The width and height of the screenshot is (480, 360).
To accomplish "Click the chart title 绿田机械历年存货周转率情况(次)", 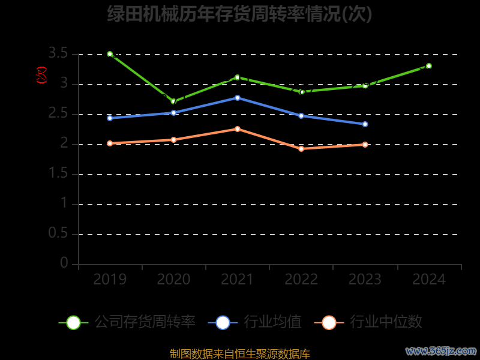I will pos(239,14).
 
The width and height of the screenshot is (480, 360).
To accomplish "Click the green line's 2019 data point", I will pos(110,54).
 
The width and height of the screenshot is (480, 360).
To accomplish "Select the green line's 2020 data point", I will pos(173,101).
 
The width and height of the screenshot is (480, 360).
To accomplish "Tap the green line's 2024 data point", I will pos(429,66).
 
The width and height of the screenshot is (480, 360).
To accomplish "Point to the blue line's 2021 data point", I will pos(238,97).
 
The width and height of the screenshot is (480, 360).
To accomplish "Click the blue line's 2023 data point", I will pos(365,124).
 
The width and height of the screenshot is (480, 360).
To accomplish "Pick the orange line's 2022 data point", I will pos(301,148).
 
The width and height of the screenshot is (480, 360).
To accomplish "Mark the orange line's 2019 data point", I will pos(110,143).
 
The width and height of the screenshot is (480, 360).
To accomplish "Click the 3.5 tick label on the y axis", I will pos(58,54).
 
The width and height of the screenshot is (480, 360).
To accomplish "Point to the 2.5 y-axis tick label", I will pos(58,114).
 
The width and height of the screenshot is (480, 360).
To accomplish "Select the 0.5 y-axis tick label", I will pos(58,233).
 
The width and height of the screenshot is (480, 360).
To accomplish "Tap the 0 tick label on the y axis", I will pos(64,263).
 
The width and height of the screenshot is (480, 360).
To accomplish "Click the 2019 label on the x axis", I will pos(110,280).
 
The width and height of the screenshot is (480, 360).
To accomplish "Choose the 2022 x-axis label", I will pos(301,280).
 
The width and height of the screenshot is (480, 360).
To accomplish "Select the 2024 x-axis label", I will pos(429,280).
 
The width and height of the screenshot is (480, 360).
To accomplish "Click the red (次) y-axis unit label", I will pos(41,76).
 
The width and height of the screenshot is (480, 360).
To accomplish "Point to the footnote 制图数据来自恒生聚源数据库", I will pos(239,354).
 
